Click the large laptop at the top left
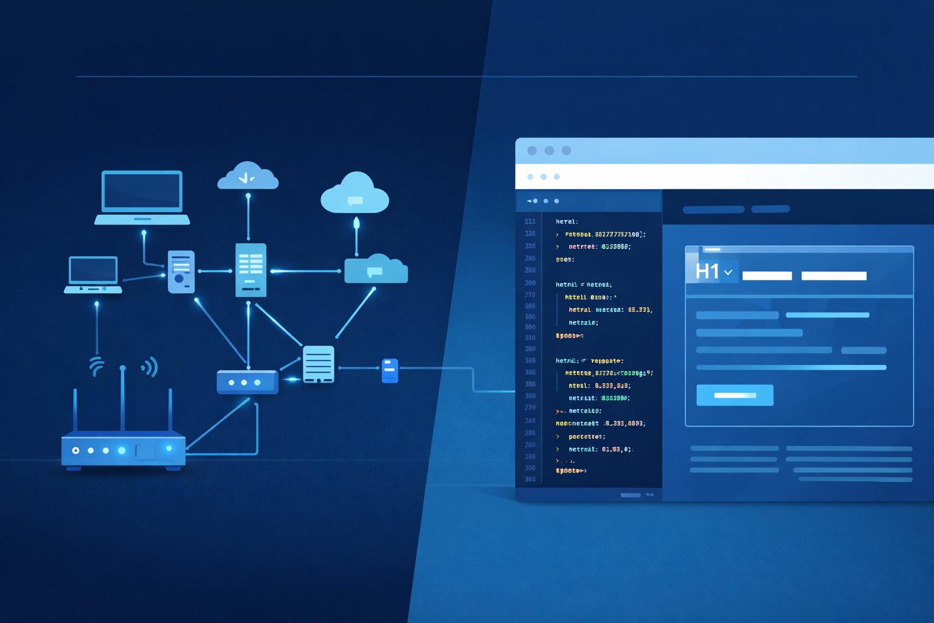click(x=142, y=196)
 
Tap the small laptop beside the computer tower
click(x=93, y=274)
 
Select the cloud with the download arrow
click(x=247, y=176)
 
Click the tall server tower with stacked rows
click(x=251, y=270)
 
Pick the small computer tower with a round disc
click(x=181, y=271)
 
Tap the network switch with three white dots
click(x=247, y=383)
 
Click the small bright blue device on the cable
click(x=390, y=371)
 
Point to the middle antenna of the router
click(x=123, y=399)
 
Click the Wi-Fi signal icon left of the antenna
click(x=97, y=367)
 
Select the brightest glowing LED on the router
click(x=122, y=450)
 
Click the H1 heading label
click(x=707, y=271)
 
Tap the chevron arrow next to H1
click(x=728, y=273)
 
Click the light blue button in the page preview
click(x=735, y=395)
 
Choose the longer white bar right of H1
click(x=834, y=276)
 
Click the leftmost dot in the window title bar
click(x=532, y=150)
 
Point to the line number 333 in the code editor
click(x=530, y=222)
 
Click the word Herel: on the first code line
click(x=567, y=222)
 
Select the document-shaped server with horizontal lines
click(x=318, y=364)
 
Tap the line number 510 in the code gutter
click(x=530, y=338)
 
